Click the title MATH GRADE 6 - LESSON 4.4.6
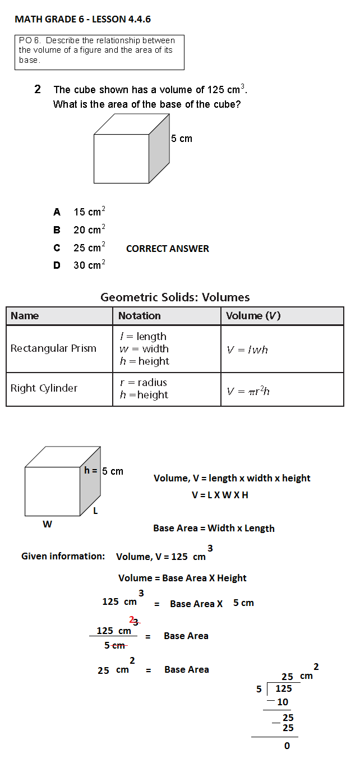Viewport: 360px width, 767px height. pos(82,20)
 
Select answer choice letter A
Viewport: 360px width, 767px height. pos(57,212)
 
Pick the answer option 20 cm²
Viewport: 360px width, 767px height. pos(89,229)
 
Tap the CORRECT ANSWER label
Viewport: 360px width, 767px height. pos(168,249)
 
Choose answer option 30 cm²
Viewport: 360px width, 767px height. pos(89,265)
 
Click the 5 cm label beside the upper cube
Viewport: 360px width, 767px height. pos(182,139)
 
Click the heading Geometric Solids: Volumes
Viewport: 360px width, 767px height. pos(175,297)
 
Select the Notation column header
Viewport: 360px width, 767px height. pos(140,316)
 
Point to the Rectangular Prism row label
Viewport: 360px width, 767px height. pos(53,348)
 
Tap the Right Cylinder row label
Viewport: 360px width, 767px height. pos(44,388)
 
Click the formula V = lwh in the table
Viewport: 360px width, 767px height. pos(247,350)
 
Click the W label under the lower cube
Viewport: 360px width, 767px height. pos(48,524)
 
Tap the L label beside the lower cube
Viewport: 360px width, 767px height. pos(95,511)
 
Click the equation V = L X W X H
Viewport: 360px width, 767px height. pos(220,495)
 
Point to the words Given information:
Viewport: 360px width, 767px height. pos(63,556)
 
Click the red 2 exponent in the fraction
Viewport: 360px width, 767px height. pos(132,619)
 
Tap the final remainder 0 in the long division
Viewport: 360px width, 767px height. pos(287,746)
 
